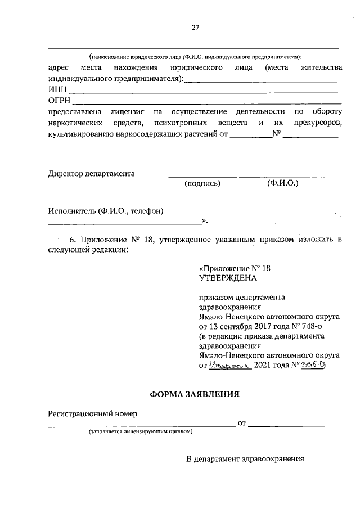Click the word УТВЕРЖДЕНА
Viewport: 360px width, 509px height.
228,278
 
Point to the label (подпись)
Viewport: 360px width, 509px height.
202,183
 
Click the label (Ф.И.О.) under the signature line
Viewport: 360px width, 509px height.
283,183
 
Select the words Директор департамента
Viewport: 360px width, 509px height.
92,173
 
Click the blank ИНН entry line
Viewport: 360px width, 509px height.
202,92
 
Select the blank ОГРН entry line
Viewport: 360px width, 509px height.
205,103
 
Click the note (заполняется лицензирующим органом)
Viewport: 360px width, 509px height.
140,432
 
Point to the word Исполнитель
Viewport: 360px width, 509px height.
71,211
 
